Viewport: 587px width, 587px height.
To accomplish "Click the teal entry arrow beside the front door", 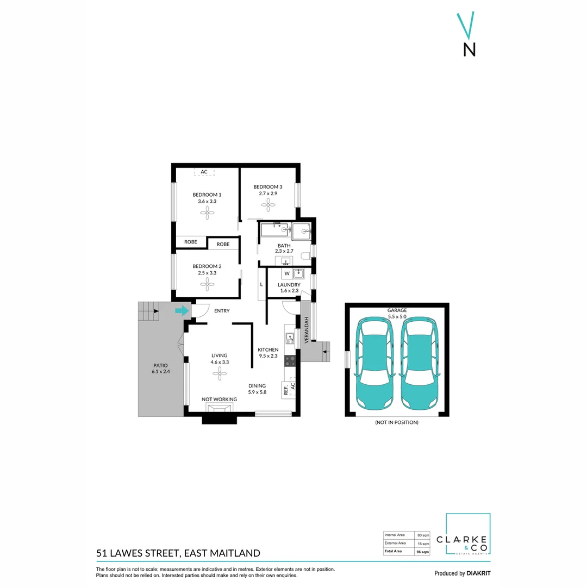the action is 182,310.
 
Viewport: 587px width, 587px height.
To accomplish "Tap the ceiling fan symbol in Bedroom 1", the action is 207,213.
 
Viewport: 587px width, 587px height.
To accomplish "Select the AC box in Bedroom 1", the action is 204,172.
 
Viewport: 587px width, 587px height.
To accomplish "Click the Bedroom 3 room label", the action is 268,187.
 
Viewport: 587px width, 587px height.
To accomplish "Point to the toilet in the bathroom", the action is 306,256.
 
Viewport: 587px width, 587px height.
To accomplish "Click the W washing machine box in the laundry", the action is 287,273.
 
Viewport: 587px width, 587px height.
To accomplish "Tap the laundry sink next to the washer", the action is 298,273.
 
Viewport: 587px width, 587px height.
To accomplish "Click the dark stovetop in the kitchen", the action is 290,361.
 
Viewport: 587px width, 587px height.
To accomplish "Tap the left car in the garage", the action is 374,364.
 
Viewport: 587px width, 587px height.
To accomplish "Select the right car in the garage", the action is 419,364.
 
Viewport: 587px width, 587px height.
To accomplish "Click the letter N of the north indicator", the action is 470,49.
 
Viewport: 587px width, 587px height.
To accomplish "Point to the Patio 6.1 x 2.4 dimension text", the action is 161,371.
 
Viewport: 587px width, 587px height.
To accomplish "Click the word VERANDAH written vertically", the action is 307,330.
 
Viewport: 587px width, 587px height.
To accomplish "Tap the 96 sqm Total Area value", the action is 423,552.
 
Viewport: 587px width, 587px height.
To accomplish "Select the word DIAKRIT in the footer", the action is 478,573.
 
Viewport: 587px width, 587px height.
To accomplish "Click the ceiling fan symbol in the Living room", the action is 220,373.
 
